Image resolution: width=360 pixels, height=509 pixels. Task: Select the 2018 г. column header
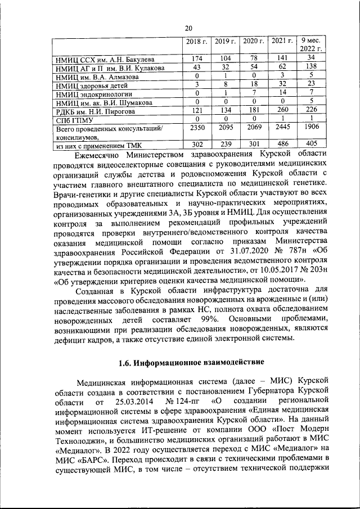click(x=197, y=42)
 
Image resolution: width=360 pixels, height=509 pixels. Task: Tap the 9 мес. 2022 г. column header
click(x=310, y=46)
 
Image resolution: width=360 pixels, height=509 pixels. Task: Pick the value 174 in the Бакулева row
click(x=197, y=58)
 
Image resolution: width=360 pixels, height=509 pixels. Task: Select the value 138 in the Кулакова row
click(x=310, y=67)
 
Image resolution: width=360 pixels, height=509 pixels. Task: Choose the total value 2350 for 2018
click(x=197, y=128)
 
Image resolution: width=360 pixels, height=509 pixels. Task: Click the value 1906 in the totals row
click(x=310, y=128)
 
